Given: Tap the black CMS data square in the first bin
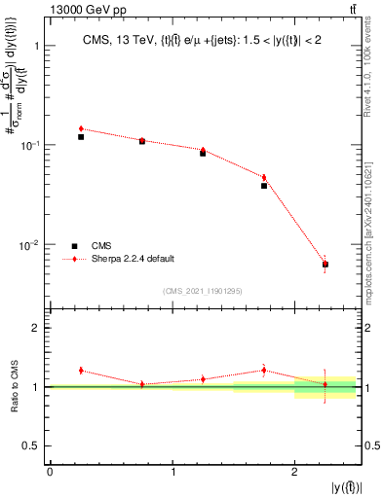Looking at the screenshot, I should [81, 137].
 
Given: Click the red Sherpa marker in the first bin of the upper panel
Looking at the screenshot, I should [81, 128].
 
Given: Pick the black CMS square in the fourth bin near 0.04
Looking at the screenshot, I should [264, 185].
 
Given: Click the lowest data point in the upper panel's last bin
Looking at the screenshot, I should [326, 264].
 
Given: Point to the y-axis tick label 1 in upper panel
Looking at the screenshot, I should [35, 46].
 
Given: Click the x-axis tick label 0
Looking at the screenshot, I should [50, 472].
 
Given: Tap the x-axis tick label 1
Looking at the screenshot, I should [172, 472].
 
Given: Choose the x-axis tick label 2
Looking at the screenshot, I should [295, 472].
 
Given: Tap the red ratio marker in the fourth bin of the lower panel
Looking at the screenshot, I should [264, 370].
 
